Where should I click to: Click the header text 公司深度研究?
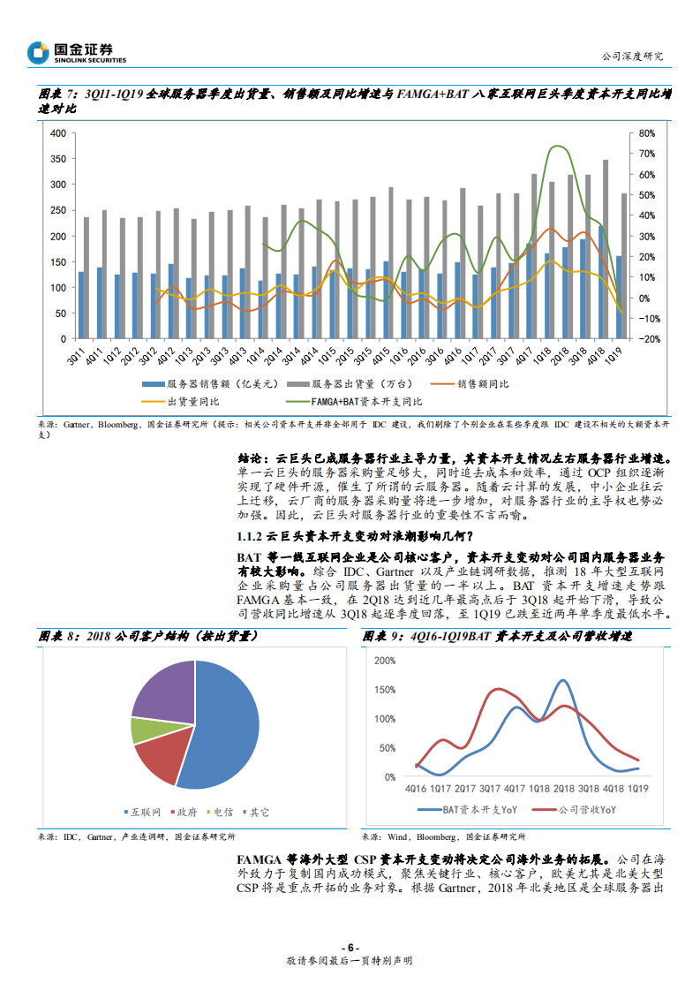point(631,56)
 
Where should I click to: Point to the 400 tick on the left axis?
point(58,133)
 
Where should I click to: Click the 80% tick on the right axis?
point(646,133)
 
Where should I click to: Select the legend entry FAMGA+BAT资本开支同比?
point(362,401)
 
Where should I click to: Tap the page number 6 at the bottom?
point(350,947)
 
